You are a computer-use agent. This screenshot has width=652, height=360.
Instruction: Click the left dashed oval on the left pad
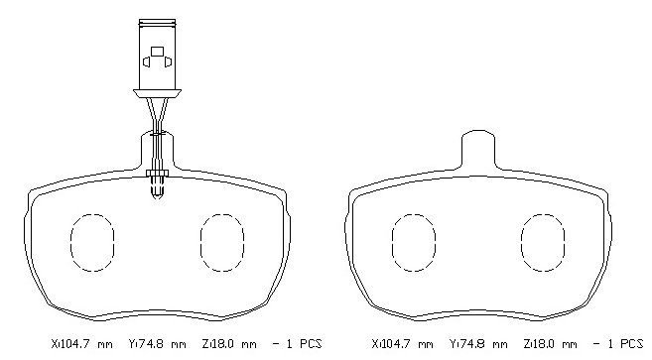point(71,243)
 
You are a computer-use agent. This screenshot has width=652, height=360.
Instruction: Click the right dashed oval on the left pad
point(200,243)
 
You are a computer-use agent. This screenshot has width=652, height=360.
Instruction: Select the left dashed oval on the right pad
point(392,243)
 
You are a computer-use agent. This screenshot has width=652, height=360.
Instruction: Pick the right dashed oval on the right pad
point(521,243)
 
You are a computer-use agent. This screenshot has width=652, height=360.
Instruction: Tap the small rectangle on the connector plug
point(157,52)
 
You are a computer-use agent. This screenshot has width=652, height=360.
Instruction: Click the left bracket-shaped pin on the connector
point(146,61)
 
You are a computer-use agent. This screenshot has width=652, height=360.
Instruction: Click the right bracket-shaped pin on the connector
point(168,61)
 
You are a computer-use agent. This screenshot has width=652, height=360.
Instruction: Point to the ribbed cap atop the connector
point(157,22)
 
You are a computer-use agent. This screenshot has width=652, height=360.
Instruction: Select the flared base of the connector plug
point(157,93)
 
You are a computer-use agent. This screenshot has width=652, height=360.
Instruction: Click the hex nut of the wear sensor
point(157,173)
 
